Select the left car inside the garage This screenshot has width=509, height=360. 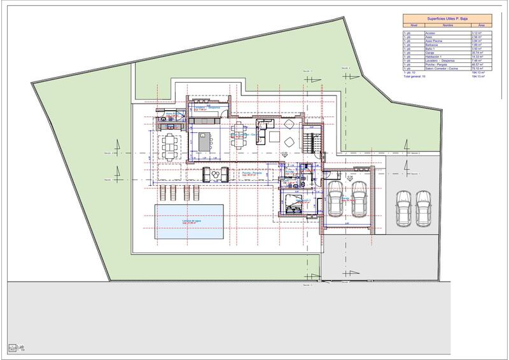coord(336,198)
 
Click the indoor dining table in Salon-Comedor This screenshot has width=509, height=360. coord(238,141)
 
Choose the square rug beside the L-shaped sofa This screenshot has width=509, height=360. coord(289,141)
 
